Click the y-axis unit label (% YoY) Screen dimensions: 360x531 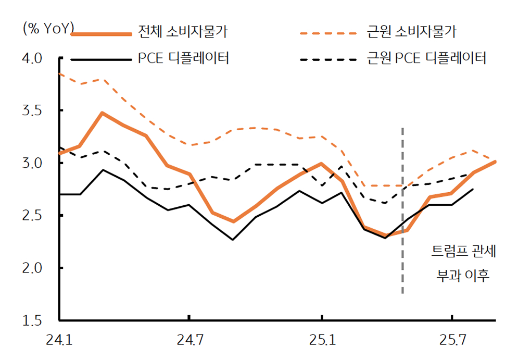tap(48, 28)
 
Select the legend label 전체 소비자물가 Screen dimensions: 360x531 tap(183, 33)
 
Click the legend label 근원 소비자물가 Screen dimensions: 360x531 tap(411, 33)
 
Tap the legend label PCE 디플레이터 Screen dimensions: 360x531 tap(184, 58)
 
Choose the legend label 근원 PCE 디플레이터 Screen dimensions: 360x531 tap(426, 58)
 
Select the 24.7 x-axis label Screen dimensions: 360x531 tap(189, 341)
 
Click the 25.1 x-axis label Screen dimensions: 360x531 tap(322, 341)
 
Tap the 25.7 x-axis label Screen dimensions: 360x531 tap(452, 341)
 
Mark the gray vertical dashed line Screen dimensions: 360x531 tap(402, 208)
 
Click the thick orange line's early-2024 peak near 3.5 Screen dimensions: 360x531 tap(102, 113)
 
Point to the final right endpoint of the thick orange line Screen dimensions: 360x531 tap(495, 162)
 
